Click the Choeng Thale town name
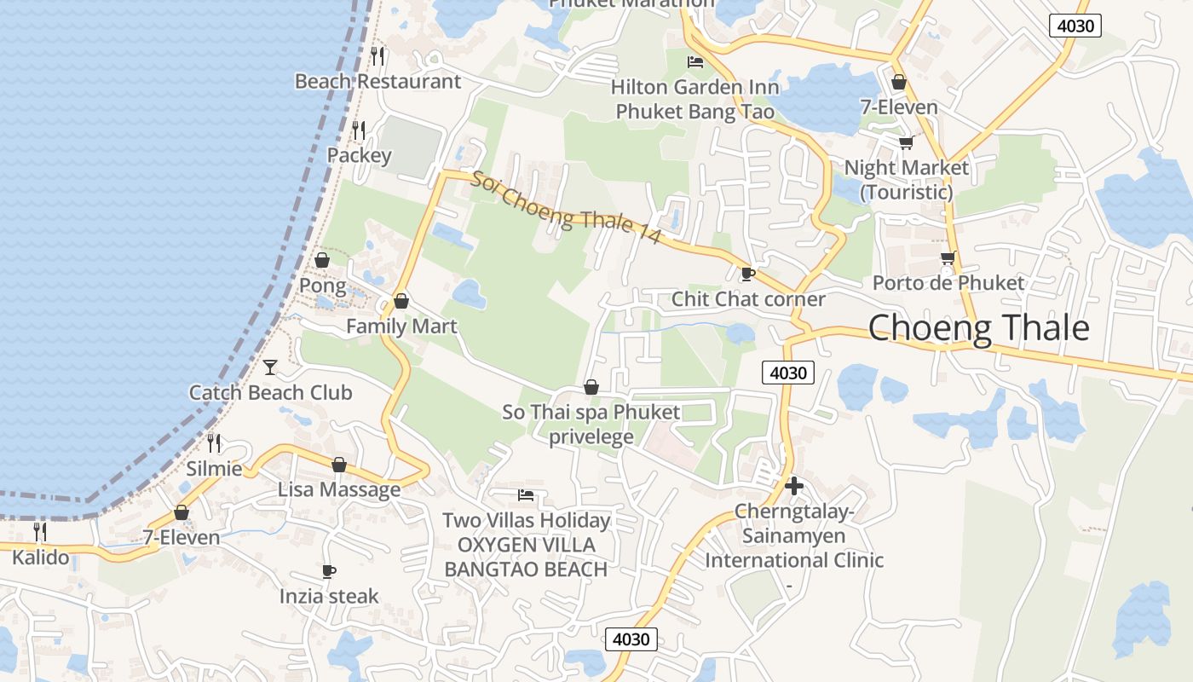[x=978, y=328]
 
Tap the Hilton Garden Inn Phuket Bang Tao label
[x=695, y=100]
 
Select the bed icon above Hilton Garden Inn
[x=695, y=62]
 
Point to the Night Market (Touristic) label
[x=906, y=179]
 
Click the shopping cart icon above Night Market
[x=906, y=142]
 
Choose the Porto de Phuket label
[x=948, y=282]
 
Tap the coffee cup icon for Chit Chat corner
[x=747, y=274]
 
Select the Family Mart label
[x=401, y=327]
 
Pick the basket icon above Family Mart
[x=401, y=301]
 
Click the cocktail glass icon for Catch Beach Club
[x=270, y=367]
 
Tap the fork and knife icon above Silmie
[x=214, y=443]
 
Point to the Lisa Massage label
[x=339, y=490]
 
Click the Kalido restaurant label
[x=40, y=558]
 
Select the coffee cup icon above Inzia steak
[x=329, y=571]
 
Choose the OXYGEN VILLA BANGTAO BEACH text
[x=526, y=557]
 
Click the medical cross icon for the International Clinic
[x=794, y=486]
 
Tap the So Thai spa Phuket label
[x=591, y=424]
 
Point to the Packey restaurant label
[x=359, y=155]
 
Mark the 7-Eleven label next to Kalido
[x=181, y=538]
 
